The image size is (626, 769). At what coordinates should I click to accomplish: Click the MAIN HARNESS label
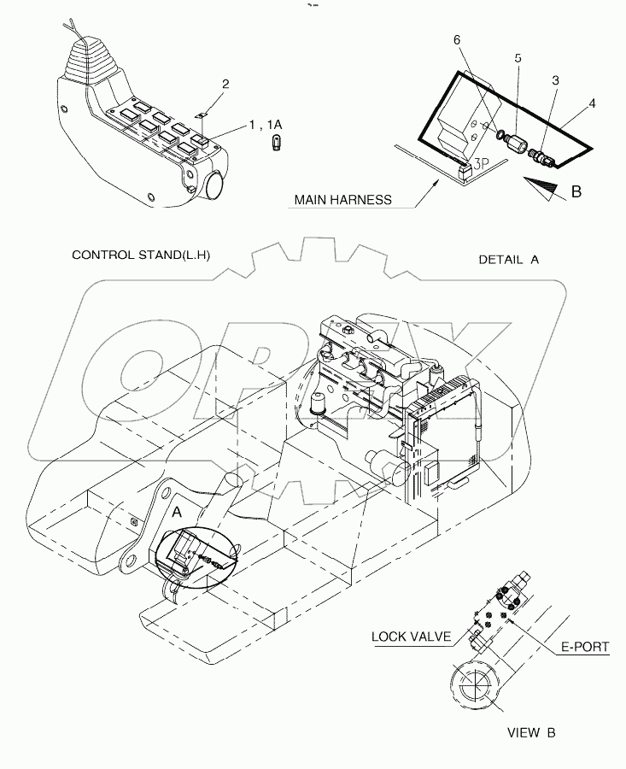[x=342, y=200]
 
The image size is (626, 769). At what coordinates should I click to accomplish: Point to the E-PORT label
[x=584, y=647]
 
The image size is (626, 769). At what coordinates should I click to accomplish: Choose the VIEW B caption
[x=535, y=732]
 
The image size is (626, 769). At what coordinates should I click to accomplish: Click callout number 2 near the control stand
[x=225, y=84]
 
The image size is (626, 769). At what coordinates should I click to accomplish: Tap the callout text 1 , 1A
[x=266, y=125]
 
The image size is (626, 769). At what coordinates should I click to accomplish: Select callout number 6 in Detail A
[x=456, y=40]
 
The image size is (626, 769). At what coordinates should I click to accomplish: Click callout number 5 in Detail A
[x=517, y=58]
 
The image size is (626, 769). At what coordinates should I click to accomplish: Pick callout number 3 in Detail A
[x=555, y=79]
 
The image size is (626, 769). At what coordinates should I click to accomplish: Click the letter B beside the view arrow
[x=576, y=191]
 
